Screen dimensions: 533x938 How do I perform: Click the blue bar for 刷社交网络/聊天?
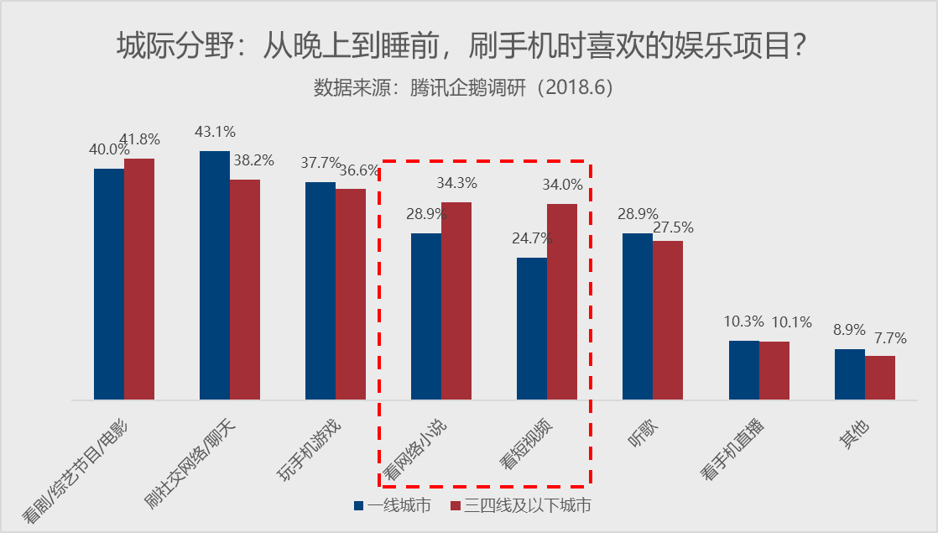click(214, 275)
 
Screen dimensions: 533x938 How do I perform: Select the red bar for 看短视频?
click(562, 301)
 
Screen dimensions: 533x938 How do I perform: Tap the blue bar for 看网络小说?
click(425, 316)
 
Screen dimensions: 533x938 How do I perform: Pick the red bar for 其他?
click(880, 378)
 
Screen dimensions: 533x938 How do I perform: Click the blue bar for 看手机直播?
click(743, 370)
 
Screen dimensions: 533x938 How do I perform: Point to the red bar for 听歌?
click(668, 320)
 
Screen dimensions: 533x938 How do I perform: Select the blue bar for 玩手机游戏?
click(320, 290)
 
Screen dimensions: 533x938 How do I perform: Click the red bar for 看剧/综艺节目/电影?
click(139, 279)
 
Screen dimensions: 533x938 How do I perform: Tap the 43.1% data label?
click(215, 132)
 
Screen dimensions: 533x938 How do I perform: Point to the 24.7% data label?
click(532, 238)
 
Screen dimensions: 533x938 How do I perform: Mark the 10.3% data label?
click(743, 321)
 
